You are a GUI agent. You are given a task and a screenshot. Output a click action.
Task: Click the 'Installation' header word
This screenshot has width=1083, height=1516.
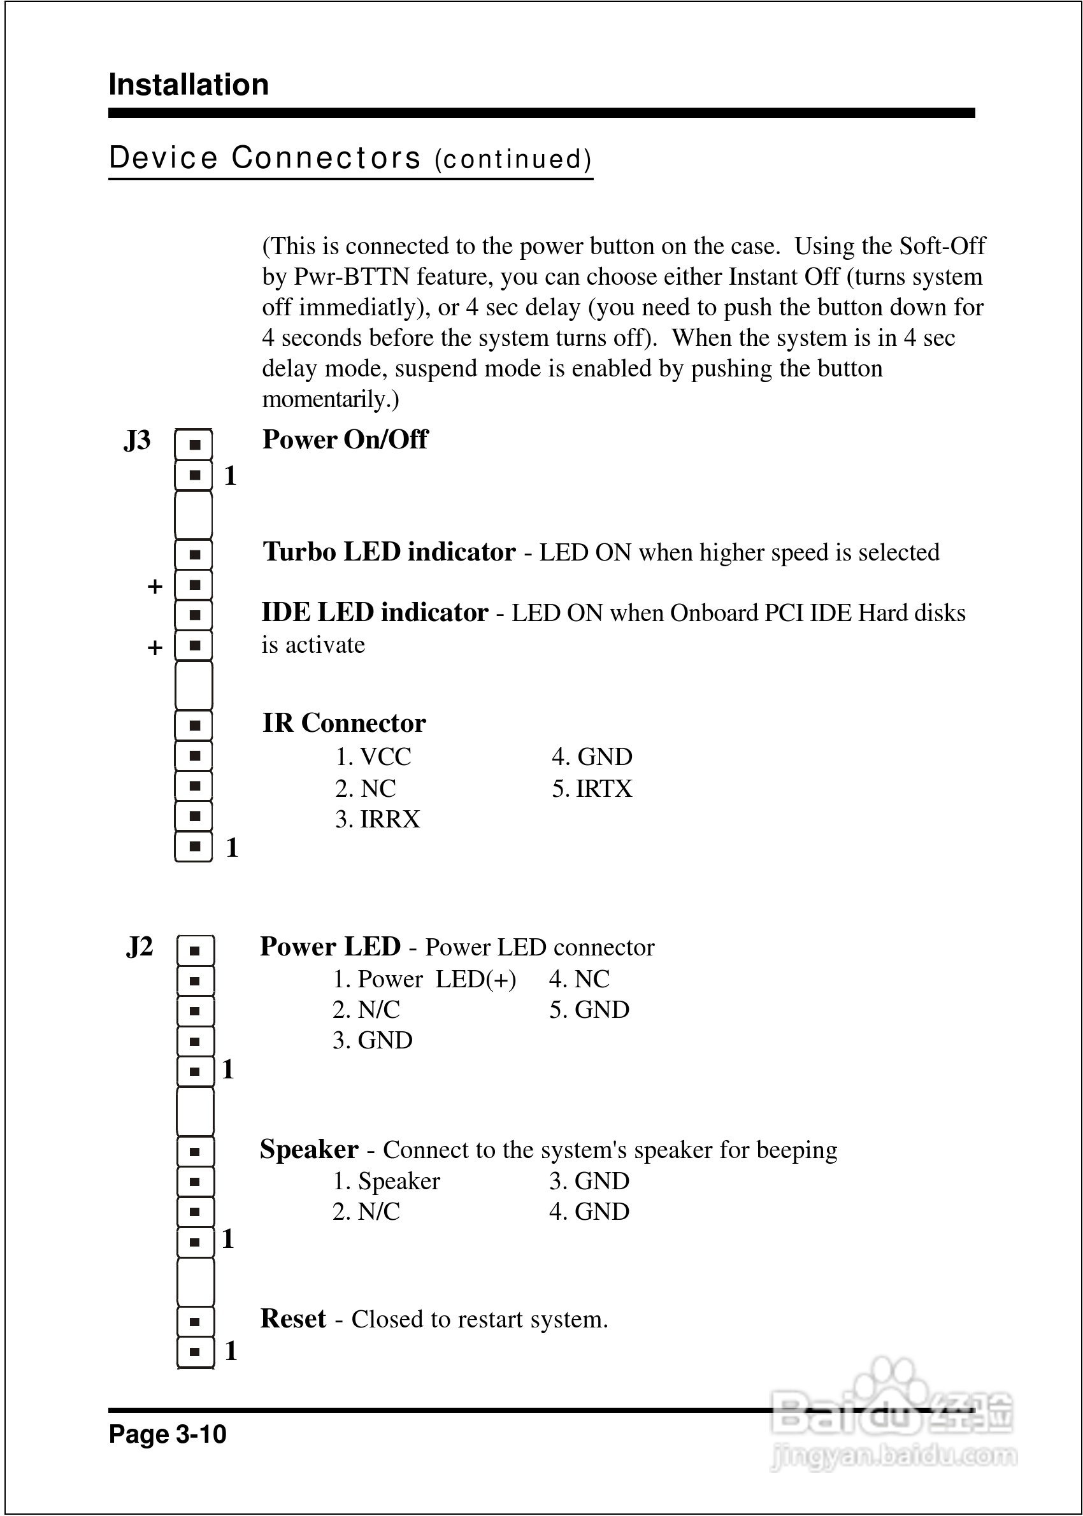189,85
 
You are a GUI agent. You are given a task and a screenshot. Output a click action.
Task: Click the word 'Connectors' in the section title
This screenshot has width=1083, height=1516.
326,158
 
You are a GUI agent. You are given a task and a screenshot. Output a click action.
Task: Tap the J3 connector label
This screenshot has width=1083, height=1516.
138,441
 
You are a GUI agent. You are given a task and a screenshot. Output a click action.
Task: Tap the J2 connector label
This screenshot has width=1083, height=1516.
140,947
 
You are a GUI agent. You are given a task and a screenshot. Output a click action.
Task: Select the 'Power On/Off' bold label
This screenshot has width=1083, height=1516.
345,440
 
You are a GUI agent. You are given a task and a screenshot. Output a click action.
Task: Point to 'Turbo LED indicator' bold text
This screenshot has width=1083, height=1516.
389,552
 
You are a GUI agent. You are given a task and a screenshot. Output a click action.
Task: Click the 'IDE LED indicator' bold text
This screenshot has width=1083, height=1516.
375,613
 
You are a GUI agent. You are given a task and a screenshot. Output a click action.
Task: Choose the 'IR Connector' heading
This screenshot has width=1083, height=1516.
344,724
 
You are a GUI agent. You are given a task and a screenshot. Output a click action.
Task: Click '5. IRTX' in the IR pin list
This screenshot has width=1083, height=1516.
592,789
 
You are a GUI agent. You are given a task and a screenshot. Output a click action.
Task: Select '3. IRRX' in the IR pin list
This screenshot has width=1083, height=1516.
377,819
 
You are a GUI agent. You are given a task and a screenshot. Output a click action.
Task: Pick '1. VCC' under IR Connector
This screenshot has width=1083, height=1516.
373,757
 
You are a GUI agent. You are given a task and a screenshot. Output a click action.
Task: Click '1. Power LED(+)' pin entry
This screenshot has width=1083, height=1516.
424,979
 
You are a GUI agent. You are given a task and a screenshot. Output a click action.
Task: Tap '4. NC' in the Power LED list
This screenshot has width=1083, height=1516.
579,979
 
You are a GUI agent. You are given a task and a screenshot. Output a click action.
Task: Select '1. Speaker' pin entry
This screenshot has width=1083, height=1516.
386,1182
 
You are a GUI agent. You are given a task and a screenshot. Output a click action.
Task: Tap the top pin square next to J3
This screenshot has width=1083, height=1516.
194,445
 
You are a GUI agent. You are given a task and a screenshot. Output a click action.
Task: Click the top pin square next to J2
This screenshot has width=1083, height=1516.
195,950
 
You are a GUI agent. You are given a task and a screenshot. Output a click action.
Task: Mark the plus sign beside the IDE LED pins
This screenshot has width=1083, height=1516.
155,647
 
